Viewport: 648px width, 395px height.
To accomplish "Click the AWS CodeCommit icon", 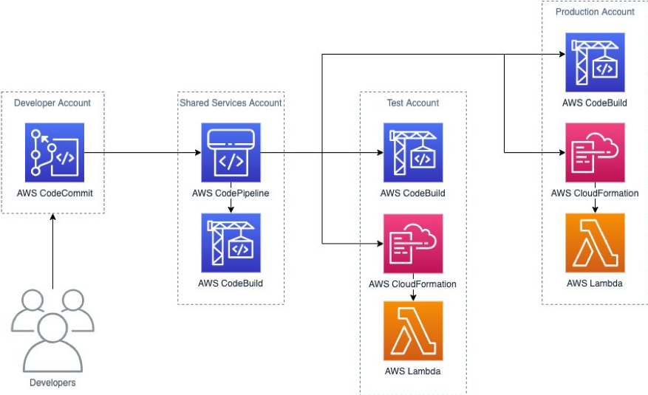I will pos(54,153).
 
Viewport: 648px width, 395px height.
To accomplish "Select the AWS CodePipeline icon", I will pos(231,153).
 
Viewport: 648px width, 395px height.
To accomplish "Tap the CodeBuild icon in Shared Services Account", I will pos(231,243).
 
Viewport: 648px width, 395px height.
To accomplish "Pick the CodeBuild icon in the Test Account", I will pos(412,153).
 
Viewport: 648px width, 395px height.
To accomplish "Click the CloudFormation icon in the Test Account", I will pos(412,244).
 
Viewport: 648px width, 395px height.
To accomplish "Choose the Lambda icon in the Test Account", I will pos(412,330).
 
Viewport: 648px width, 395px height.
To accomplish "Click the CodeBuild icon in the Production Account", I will pos(595,62).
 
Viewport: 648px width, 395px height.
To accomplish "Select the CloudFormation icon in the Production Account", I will pos(595,153).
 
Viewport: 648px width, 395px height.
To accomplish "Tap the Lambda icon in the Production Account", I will pos(595,243).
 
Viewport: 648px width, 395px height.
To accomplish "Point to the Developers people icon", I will pos(52,331).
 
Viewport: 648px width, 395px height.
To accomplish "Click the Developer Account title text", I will pos(52,103).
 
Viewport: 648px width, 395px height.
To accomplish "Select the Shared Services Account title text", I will pos(231,103).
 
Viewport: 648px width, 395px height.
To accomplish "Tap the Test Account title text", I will pos(412,103).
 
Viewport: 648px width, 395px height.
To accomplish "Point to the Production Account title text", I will pos(595,12).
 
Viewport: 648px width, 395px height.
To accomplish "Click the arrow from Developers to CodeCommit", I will pos(53,247).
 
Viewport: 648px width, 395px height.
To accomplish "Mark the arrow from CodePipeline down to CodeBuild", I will pos(231,207).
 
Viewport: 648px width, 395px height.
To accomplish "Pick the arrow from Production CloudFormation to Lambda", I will pos(595,205).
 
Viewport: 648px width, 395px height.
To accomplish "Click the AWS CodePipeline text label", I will pos(231,193).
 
